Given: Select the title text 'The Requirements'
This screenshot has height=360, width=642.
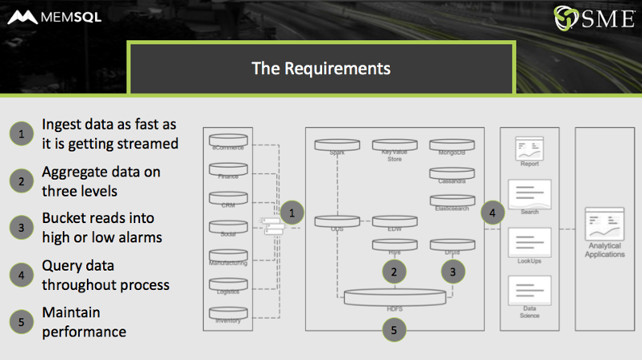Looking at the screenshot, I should point(321,68).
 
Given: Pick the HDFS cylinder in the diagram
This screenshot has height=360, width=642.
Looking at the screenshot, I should point(395,297).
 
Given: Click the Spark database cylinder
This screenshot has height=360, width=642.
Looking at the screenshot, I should point(337,146).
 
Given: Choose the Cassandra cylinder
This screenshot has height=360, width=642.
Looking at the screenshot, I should point(452,173).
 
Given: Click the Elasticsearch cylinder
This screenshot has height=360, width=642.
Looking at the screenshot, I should point(452,201).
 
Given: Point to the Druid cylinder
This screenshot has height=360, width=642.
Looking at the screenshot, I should point(452,244).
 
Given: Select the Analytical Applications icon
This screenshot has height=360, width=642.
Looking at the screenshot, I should point(605,228).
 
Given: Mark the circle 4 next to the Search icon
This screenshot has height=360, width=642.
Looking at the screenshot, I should point(493,213).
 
